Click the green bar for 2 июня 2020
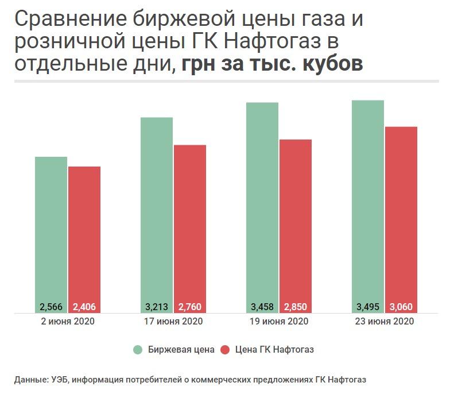coord(51,230)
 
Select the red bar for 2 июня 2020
coord(84,235)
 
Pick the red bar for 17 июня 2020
coord(190,224)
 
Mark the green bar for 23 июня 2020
coord(368,201)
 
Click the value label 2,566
coord(51,306)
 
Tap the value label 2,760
coord(190,306)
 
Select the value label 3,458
coord(262,306)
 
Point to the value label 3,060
coord(401,306)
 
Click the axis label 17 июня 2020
coord(173,322)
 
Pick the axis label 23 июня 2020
coord(385,322)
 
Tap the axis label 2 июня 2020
coord(68,322)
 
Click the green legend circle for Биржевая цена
coord(138,349)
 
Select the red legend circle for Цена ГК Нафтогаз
coord(225,349)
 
